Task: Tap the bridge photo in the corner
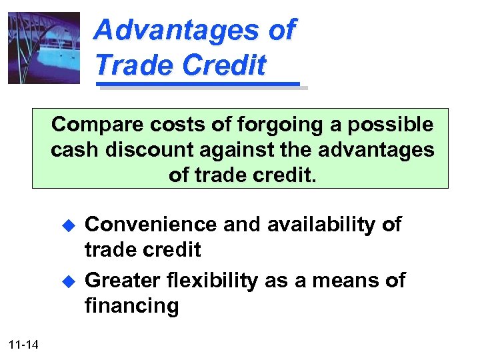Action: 44,48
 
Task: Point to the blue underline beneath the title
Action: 198,85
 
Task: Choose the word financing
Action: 131,306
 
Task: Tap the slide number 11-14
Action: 25,344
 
